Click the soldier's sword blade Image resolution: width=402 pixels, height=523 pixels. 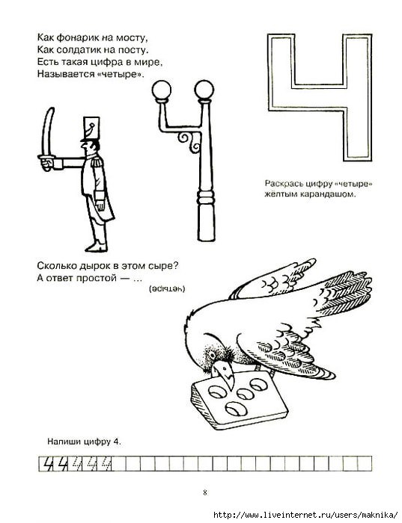coord(49,131)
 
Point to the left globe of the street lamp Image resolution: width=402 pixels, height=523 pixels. coord(162,90)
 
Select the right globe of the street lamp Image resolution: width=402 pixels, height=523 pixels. coord(204,90)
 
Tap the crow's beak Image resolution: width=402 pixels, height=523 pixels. coord(225,374)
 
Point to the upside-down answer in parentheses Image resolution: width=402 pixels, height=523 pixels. coord(167,289)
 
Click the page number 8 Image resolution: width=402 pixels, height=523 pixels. coord(205,492)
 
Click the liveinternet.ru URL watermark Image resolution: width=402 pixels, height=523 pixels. coord(306,515)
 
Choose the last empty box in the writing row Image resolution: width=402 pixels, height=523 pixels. coord(365,464)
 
